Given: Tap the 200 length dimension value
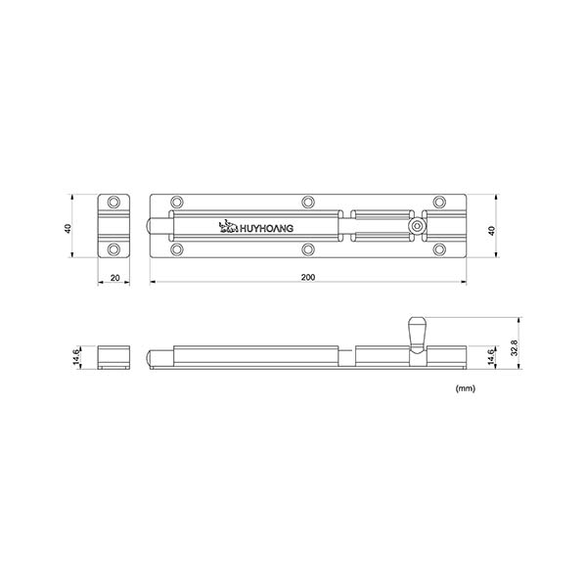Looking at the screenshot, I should pos(308,279).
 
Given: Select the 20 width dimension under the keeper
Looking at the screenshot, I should pos(115,279).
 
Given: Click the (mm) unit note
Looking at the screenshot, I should pos(466,388).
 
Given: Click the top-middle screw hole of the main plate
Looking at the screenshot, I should pos(308,203).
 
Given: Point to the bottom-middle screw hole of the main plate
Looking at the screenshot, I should pos(308,250).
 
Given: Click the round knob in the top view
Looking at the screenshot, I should pos(418,227).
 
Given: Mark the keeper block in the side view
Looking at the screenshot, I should pos(115,356).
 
